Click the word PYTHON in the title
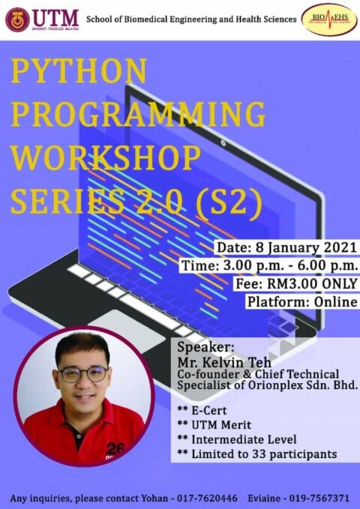pyautogui.click(x=79, y=73)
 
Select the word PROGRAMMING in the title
pyautogui.click(x=138, y=115)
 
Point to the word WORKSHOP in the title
pyautogui.click(x=106, y=157)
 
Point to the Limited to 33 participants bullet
pyautogui.click(x=257, y=454)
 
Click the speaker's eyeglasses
pyautogui.click(x=83, y=373)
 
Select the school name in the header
pyautogui.click(x=191, y=19)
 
